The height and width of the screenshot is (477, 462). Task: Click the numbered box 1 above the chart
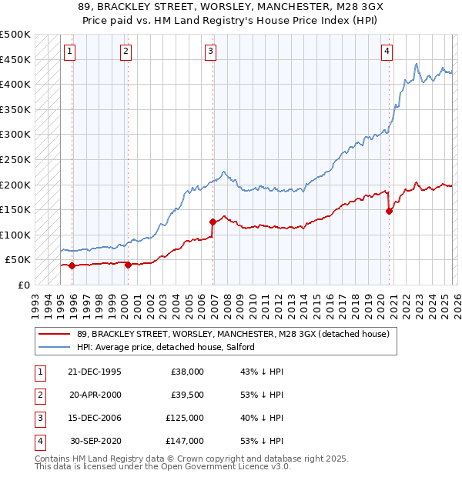click(69, 52)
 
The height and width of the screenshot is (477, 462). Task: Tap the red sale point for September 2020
click(389, 212)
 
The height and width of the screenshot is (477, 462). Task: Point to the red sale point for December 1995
click(72, 266)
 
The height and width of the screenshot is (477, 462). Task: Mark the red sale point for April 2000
click(128, 265)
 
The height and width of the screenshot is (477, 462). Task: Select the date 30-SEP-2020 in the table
click(95, 441)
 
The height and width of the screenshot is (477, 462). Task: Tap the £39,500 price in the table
click(186, 395)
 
